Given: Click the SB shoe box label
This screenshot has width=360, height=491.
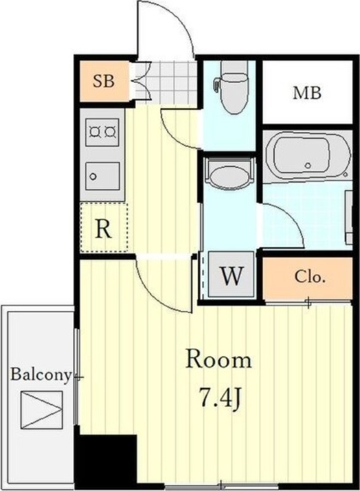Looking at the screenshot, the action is [104, 81].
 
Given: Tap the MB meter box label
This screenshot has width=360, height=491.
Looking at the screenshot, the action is [307, 93].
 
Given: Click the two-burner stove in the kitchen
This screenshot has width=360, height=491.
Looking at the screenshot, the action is [102, 132].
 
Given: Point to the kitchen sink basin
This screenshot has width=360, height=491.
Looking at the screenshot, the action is [102, 176].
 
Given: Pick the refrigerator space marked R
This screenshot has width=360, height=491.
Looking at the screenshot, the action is [104, 227].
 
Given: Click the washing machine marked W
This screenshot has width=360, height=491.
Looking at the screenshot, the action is [231, 274].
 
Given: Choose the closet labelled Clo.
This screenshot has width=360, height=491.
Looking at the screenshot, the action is [308, 277].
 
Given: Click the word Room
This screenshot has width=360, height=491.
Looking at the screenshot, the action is [219, 360].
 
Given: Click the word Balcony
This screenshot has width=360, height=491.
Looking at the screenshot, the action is [41, 375].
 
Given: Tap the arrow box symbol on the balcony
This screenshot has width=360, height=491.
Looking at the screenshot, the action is [42, 410].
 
